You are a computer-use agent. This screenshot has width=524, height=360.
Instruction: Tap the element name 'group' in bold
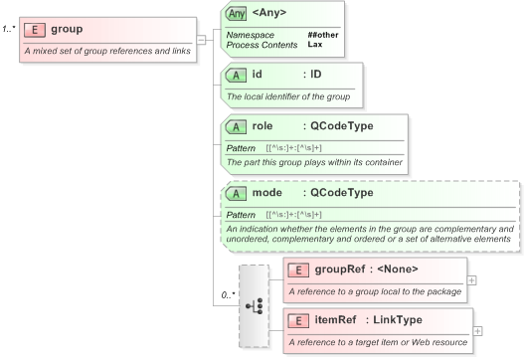[67, 31]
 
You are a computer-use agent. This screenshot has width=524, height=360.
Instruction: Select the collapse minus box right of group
[202, 40]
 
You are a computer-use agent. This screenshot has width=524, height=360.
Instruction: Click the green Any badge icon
[237, 15]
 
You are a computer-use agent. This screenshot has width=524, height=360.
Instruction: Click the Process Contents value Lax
[314, 45]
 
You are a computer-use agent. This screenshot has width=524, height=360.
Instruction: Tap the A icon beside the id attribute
[237, 75]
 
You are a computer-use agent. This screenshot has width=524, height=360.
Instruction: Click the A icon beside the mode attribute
[237, 192]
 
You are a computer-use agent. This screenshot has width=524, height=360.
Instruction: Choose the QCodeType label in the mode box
[342, 192]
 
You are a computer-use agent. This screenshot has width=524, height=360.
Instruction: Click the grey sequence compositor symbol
[254, 305]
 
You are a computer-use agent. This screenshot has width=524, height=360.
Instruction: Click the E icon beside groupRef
[296, 269]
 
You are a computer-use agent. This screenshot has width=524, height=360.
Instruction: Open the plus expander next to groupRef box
[471, 279]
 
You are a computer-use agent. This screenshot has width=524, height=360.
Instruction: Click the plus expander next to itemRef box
[479, 330]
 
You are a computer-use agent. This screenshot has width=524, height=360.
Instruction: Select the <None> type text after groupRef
[394, 269]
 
